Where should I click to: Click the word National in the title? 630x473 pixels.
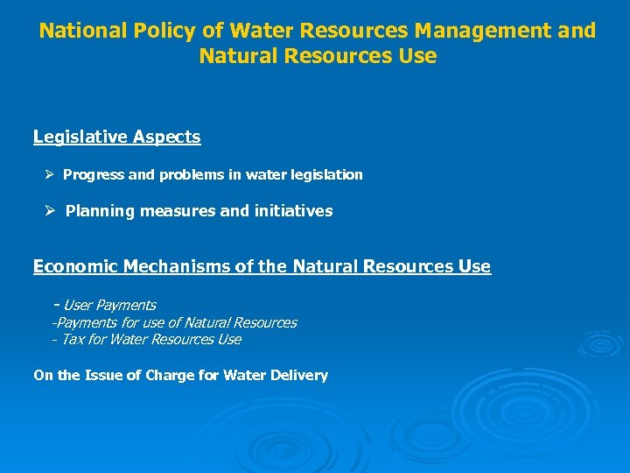[83, 32]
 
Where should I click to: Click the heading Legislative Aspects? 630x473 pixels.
[116, 138]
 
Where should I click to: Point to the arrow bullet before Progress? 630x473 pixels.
[51, 174]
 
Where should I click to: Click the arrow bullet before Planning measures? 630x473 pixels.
[51, 210]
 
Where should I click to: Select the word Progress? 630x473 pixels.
[94, 175]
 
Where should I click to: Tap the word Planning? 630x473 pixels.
[96, 211]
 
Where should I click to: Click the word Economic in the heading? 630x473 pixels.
[75, 266]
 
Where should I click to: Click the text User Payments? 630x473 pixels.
[110, 306]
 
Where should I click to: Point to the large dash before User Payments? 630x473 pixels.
[57, 305]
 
